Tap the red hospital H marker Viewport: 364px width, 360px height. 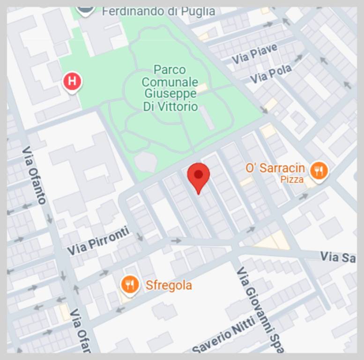pyautogui.click(x=72, y=81)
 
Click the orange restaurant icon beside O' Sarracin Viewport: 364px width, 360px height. pyautogui.click(x=319, y=171)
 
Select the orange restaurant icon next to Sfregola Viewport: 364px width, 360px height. pyautogui.click(x=130, y=284)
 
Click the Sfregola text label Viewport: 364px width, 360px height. pyautogui.click(x=169, y=285)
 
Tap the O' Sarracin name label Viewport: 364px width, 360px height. pyautogui.click(x=275, y=168)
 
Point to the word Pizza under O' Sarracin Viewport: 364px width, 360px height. pyautogui.click(x=292, y=180)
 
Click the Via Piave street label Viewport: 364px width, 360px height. pyautogui.click(x=254, y=54)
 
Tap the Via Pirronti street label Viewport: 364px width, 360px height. pyautogui.click(x=98, y=241)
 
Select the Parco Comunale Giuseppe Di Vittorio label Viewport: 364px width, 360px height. pyautogui.click(x=170, y=88)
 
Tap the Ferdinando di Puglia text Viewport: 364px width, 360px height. pyautogui.click(x=158, y=11)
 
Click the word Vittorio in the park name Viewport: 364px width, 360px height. pyautogui.click(x=170, y=107)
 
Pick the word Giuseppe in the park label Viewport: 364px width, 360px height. pyautogui.click(x=170, y=94)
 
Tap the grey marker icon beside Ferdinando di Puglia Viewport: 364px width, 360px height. pyautogui.click(x=85, y=9)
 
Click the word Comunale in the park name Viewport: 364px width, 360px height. pyautogui.click(x=170, y=82)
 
